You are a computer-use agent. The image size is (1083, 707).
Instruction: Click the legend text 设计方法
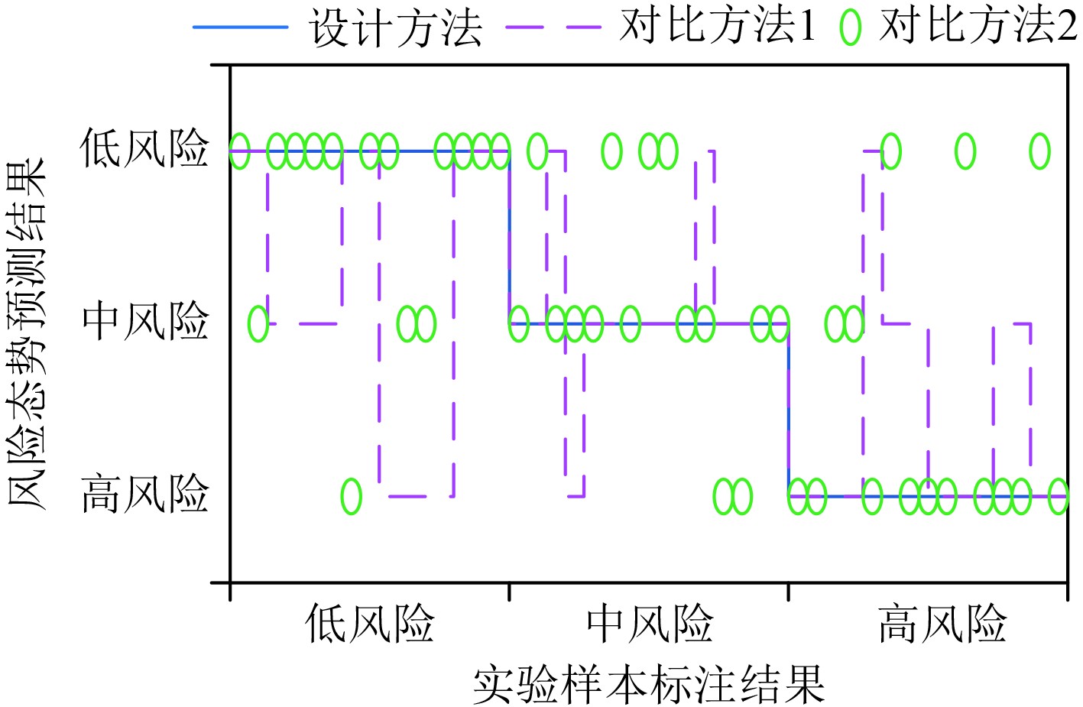(396, 29)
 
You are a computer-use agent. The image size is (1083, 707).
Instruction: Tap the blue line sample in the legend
(240, 28)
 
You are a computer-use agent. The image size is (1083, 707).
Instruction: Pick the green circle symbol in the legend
(850, 28)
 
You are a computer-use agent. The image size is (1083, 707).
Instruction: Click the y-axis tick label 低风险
(145, 148)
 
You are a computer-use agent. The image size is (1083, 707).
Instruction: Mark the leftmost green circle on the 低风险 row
(239, 151)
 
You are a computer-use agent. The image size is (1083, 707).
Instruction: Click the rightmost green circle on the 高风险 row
(1058, 497)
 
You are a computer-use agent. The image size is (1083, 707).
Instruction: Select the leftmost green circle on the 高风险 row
(351, 497)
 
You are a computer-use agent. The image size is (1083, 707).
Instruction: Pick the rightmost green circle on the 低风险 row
(1039, 151)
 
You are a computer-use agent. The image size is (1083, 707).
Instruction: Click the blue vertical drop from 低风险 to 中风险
(510, 237)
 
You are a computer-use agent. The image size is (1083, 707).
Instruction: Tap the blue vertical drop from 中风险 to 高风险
(789, 410)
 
